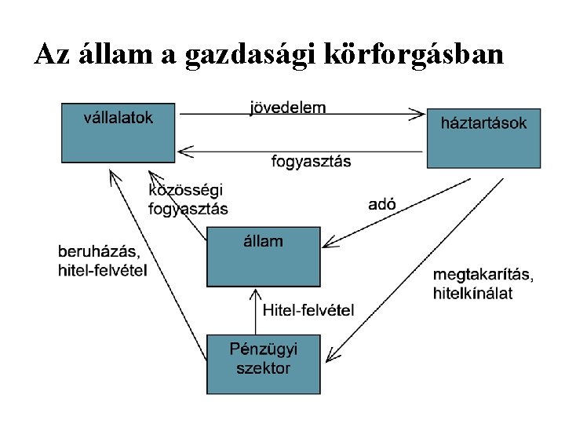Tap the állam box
(x=263, y=257)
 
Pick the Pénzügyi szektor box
(x=263, y=364)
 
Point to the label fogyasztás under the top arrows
(x=312, y=162)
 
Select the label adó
(x=382, y=204)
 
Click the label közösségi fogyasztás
(x=188, y=199)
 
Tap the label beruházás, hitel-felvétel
(x=102, y=261)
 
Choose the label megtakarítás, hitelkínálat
(x=483, y=283)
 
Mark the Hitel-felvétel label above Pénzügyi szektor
(x=308, y=310)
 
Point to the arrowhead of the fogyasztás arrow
(x=184, y=149)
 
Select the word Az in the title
(x=53, y=54)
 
